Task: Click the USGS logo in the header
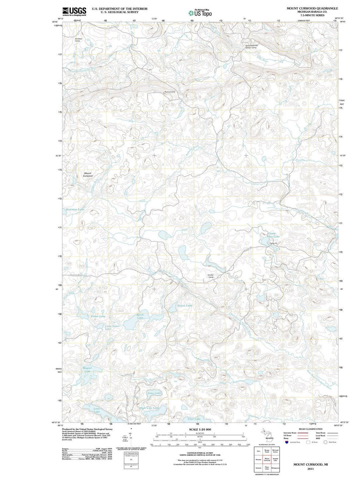pyautogui.click(x=74, y=11)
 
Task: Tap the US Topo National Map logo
pyautogui.click(x=200, y=13)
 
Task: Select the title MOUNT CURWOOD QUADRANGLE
pyautogui.click(x=312, y=8)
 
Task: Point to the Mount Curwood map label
pyautogui.click(x=88, y=174)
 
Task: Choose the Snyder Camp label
pyautogui.click(x=211, y=276)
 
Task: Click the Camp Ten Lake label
pyautogui.click(x=274, y=235)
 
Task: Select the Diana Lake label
pyautogui.click(x=185, y=305)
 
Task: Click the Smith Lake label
pyautogui.click(x=140, y=316)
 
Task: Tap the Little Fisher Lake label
pyautogui.click(x=112, y=327)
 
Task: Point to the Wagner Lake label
pyautogui.click(x=87, y=369)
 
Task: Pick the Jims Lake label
pyautogui.click(x=154, y=393)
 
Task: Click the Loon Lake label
pyautogui.click(x=96, y=410)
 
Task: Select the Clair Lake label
pyautogui.click(x=194, y=419)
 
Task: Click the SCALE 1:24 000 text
pyautogui.click(x=200, y=429)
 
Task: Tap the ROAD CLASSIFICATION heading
pyautogui.click(x=310, y=429)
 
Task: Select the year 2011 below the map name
pyautogui.click(x=310, y=469)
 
